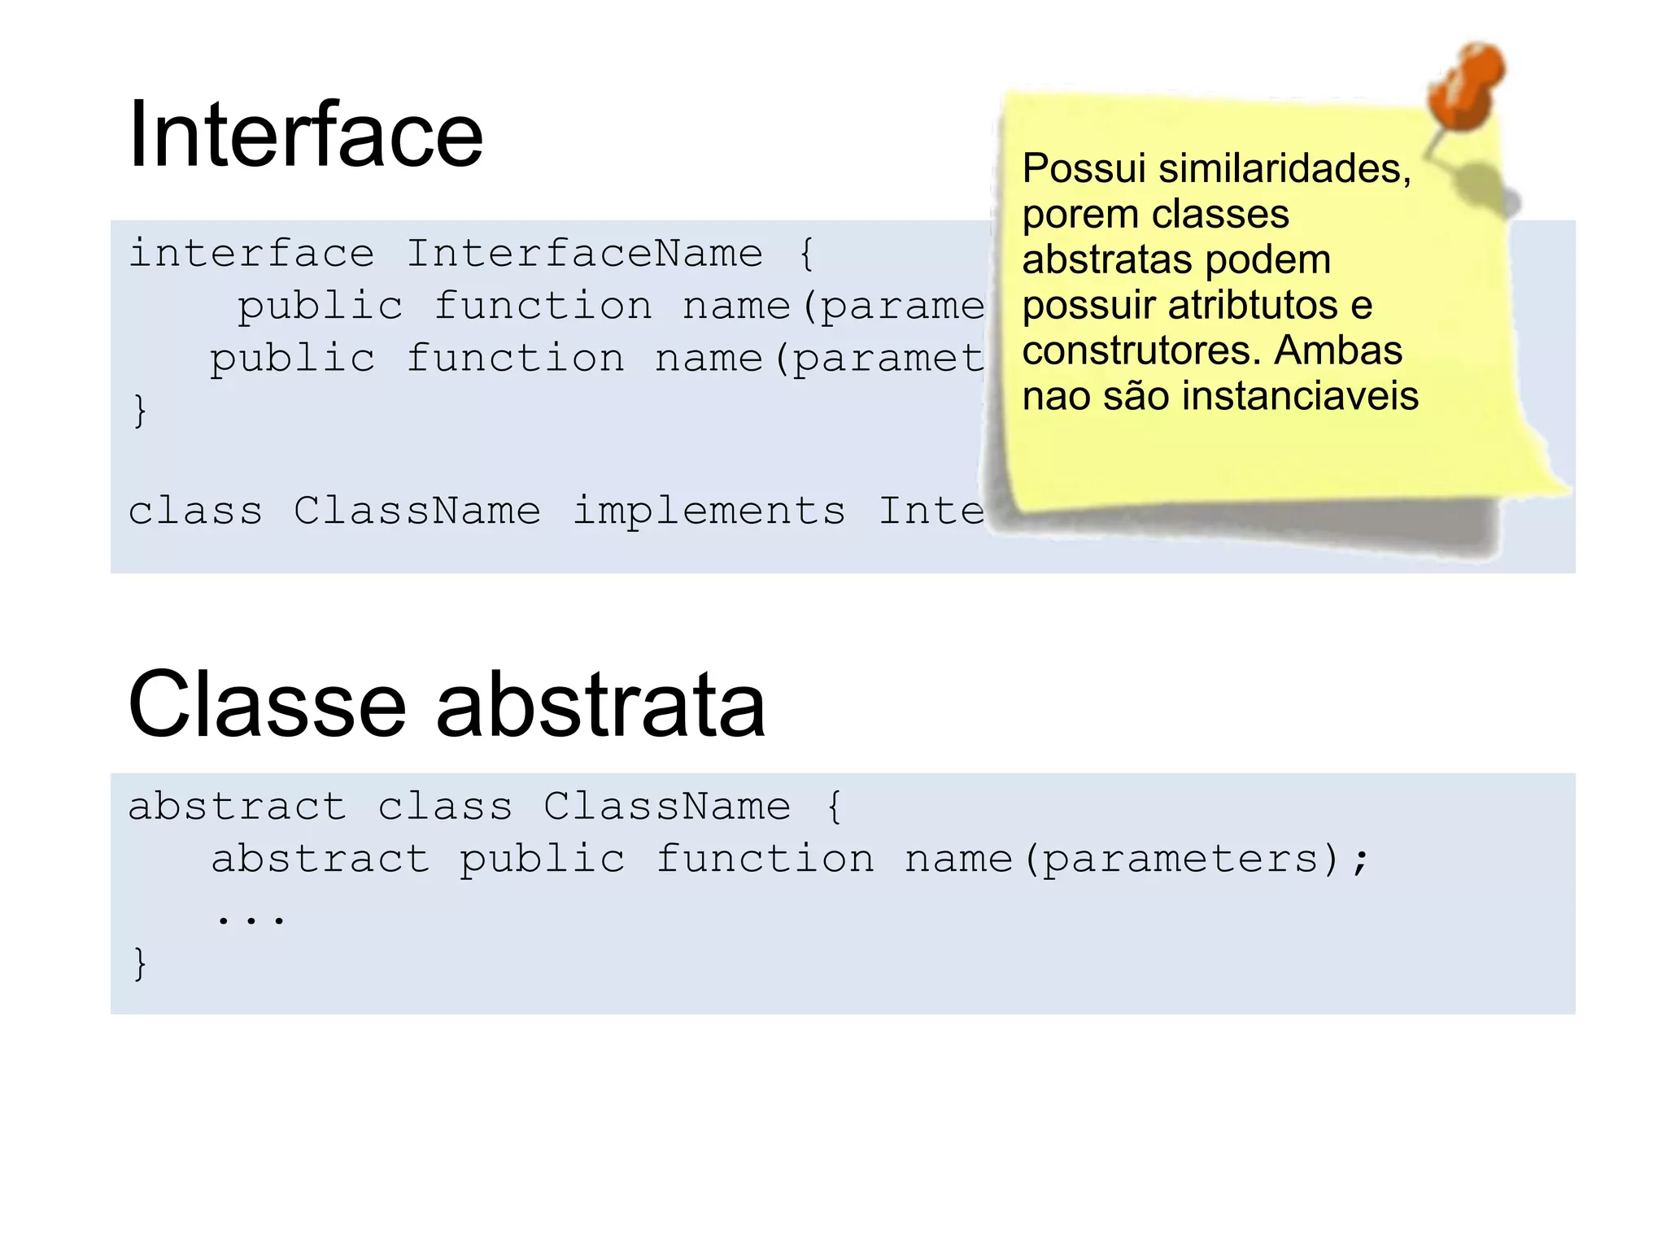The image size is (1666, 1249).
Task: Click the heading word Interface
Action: [x=306, y=135]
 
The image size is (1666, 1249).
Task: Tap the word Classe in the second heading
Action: [x=267, y=704]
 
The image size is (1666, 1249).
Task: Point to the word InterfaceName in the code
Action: [x=584, y=254]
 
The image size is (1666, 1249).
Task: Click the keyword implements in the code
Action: [x=709, y=511]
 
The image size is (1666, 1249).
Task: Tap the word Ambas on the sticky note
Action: [x=1338, y=351]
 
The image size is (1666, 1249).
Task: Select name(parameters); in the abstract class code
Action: [x=1136, y=860]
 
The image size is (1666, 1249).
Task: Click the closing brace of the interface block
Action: [x=140, y=411]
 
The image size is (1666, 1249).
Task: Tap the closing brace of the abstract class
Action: [x=140, y=964]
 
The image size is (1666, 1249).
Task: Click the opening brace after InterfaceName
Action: [x=806, y=254]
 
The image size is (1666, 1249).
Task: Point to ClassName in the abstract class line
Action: [x=666, y=807]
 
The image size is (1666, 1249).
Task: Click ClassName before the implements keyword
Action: [x=416, y=511]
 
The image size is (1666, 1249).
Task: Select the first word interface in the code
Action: [x=251, y=254]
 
